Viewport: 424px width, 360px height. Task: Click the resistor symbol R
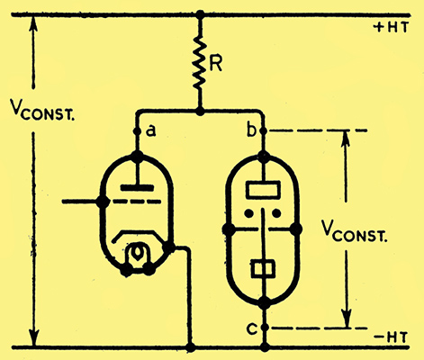pyautogui.click(x=200, y=62)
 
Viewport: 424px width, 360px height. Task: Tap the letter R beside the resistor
pyautogui.click(x=215, y=63)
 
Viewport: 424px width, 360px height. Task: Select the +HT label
pyautogui.click(x=391, y=27)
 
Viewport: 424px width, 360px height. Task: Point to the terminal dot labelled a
pyautogui.click(x=137, y=131)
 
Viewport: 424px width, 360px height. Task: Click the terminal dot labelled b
pyautogui.click(x=264, y=131)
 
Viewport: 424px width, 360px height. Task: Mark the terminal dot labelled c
pyautogui.click(x=264, y=328)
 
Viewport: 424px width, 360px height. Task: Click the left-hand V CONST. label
pyautogui.click(x=42, y=110)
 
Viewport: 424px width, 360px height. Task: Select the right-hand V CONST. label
pyautogui.click(x=354, y=231)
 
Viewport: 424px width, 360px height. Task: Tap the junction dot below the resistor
pyautogui.click(x=200, y=112)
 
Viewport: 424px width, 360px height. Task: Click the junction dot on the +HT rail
pyautogui.click(x=200, y=14)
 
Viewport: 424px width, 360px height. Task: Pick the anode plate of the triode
pyautogui.click(x=137, y=188)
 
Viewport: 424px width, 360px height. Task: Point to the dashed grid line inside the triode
pyautogui.click(x=138, y=202)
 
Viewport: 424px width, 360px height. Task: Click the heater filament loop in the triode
pyautogui.click(x=137, y=254)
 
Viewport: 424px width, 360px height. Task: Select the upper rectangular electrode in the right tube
pyautogui.click(x=263, y=190)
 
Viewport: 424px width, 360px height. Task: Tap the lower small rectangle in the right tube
pyautogui.click(x=263, y=269)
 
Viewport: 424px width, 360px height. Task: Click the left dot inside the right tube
pyautogui.click(x=248, y=213)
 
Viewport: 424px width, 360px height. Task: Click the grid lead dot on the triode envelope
pyautogui.click(x=103, y=202)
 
